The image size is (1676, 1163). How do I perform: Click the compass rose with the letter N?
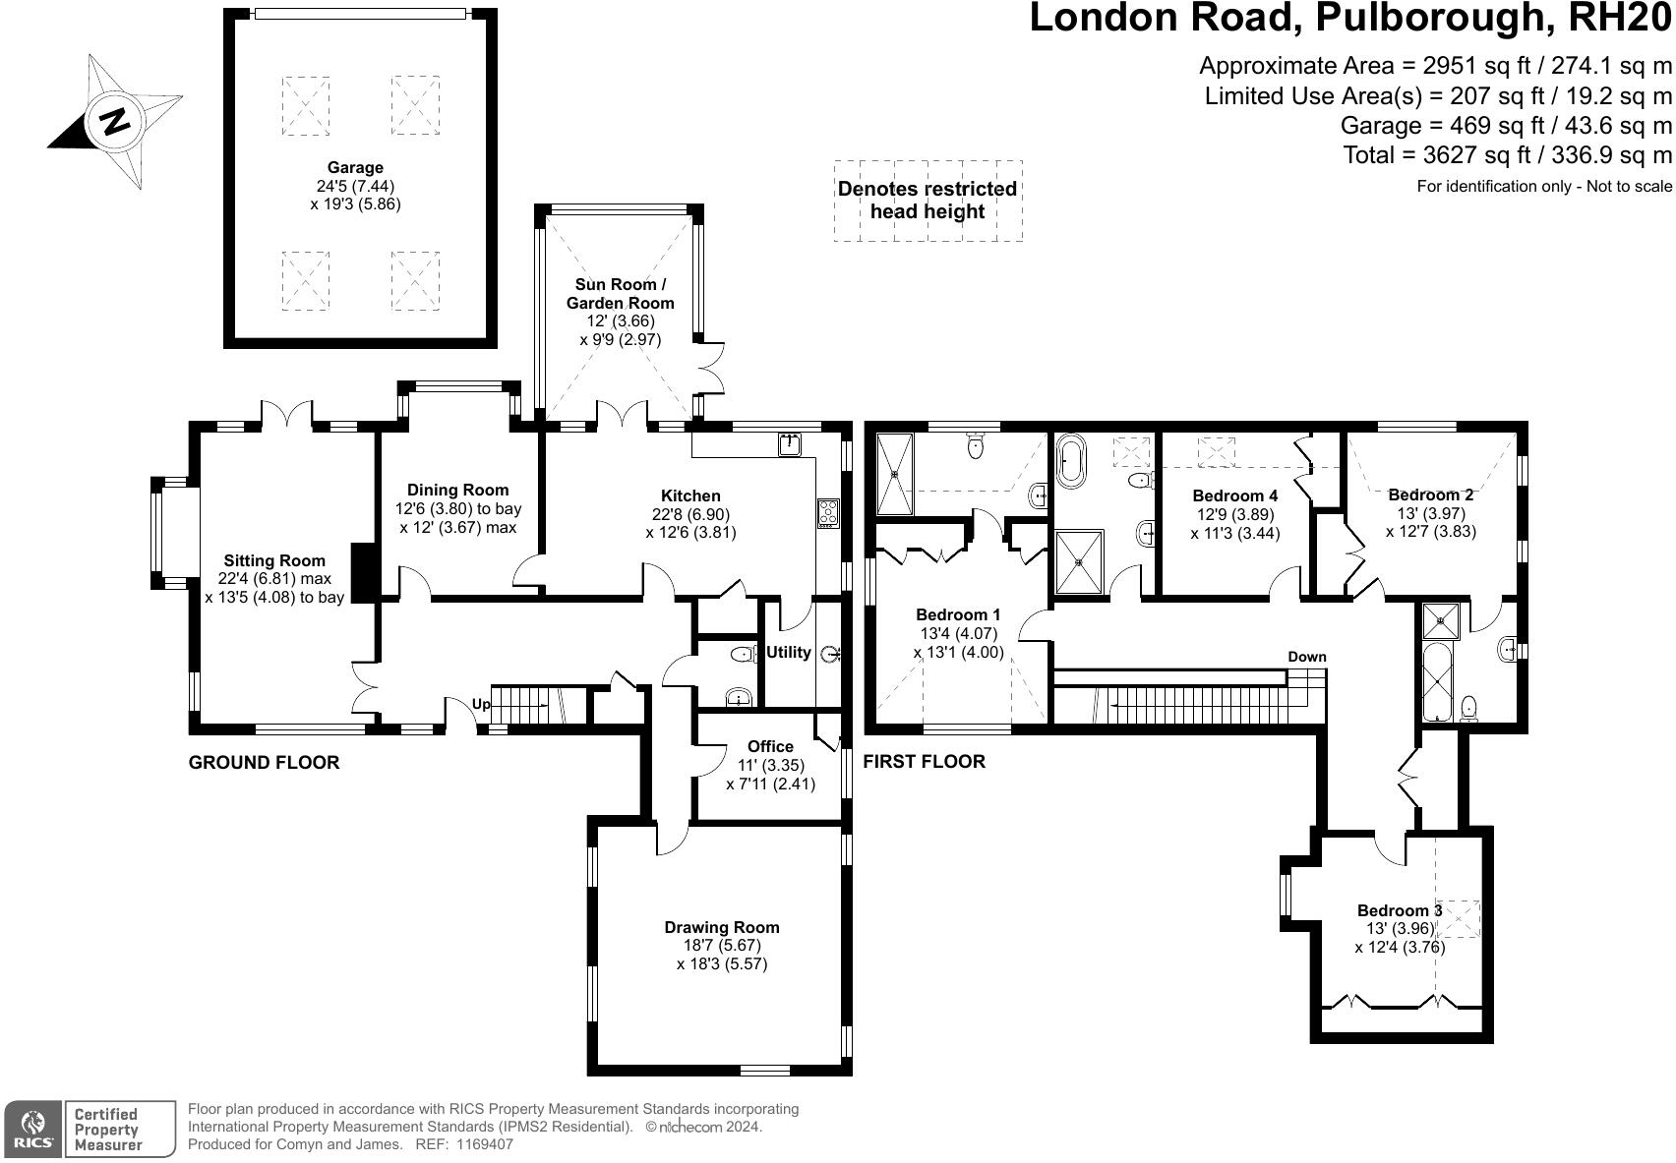pyautogui.click(x=114, y=122)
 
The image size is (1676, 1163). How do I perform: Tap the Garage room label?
pyautogui.click(x=355, y=168)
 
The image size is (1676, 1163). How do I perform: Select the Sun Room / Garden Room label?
pyautogui.click(x=620, y=293)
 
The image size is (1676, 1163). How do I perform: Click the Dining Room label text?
pyautogui.click(x=457, y=490)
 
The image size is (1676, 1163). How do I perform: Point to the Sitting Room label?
pyautogui.click(x=273, y=561)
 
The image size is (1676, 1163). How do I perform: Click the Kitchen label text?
pyautogui.click(x=690, y=495)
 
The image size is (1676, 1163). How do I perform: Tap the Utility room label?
pyautogui.click(x=788, y=652)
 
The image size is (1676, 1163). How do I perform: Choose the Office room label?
pyautogui.click(x=769, y=746)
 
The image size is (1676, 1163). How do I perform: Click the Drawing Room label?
pyautogui.click(x=721, y=927)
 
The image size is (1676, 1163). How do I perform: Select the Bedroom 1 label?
pyautogui.click(x=958, y=614)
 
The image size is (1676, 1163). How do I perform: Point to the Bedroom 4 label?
pyautogui.click(x=1234, y=495)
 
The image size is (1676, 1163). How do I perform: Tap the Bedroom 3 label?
pyautogui.click(x=1399, y=910)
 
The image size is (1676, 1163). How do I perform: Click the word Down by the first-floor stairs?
pyautogui.click(x=1306, y=657)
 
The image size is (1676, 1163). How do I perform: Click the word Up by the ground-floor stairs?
pyautogui.click(x=481, y=704)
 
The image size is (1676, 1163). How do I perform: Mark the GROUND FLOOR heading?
pyautogui.click(x=264, y=762)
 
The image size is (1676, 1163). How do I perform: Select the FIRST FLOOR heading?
pyautogui.click(x=924, y=761)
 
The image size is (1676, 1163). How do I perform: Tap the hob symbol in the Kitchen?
pyautogui.click(x=827, y=513)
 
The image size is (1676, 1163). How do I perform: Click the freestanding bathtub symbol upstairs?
pyautogui.click(x=1070, y=463)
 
